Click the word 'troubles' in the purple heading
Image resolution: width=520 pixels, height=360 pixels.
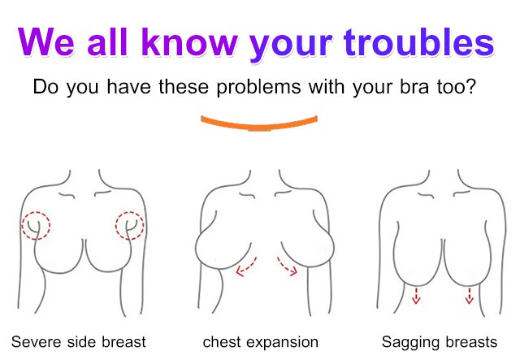click(x=419, y=42)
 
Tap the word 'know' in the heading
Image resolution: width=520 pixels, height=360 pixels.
click(x=189, y=42)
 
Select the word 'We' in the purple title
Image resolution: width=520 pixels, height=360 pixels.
click(x=45, y=42)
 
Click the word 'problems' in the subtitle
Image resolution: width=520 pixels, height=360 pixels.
click(x=258, y=87)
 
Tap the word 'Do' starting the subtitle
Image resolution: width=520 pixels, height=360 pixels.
click(x=45, y=87)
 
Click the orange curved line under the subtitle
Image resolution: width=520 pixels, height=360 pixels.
click(x=259, y=124)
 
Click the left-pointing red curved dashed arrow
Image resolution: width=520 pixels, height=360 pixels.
click(x=247, y=268)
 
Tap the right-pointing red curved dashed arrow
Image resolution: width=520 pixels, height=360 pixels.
click(x=286, y=267)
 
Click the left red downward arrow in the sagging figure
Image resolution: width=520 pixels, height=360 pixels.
click(x=416, y=296)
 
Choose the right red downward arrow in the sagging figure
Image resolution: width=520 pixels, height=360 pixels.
click(x=469, y=296)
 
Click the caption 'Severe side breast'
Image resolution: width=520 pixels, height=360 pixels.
click(x=79, y=342)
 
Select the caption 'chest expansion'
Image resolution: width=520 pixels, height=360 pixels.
click(x=261, y=342)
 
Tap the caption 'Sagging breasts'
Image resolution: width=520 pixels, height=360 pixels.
click(x=440, y=342)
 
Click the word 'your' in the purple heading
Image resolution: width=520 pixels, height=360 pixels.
click(x=291, y=46)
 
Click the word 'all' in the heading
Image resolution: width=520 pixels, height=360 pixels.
click(x=108, y=42)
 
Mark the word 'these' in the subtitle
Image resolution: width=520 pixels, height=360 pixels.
click(x=184, y=86)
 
